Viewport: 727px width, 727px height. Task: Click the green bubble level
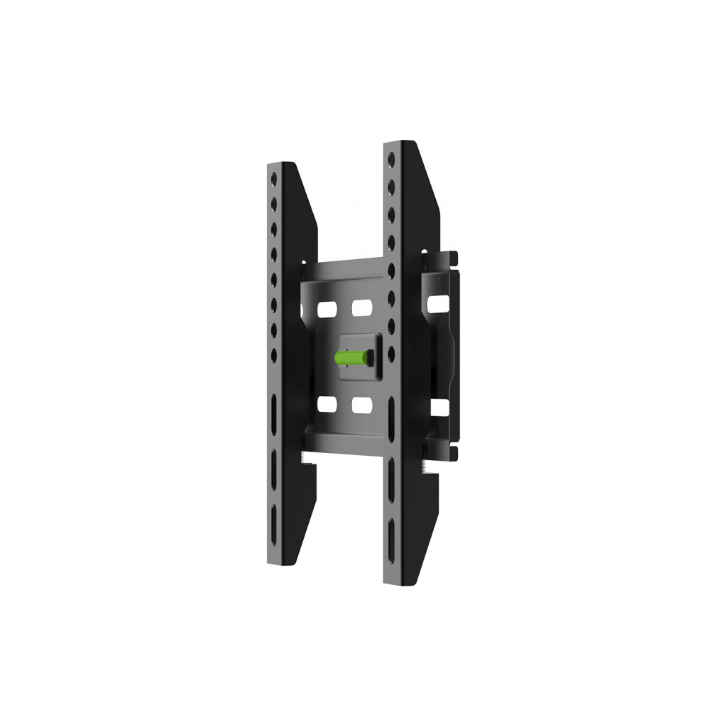point(353,356)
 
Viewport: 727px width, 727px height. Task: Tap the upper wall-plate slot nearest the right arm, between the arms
point(361,310)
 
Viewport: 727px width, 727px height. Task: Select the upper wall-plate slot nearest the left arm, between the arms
point(327,310)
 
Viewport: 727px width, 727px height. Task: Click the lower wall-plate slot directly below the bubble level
point(361,404)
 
